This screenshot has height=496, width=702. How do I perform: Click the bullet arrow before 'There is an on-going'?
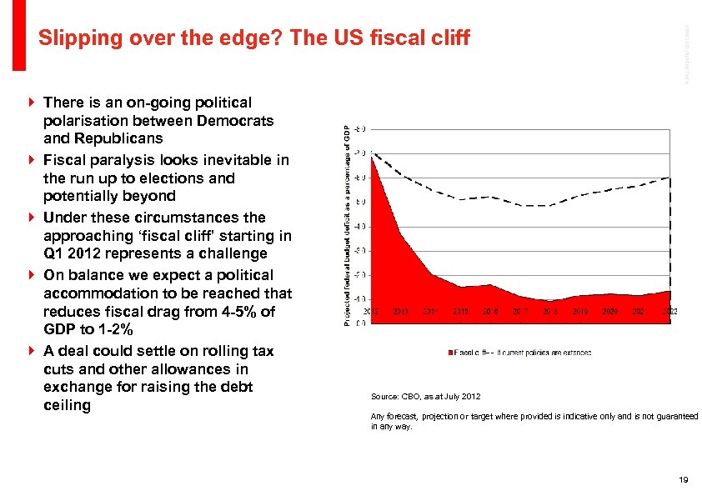tap(31, 103)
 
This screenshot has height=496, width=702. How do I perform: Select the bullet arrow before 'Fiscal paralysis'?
tap(31, 160)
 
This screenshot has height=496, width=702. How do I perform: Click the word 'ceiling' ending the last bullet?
tap(67, 406)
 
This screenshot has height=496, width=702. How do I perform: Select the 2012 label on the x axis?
tap(371, 312)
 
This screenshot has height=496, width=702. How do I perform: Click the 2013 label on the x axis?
tap(400, 312)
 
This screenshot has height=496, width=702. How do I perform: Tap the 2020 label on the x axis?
tap(609, 312)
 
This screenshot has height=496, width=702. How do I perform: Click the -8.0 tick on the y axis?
tap(361, 129)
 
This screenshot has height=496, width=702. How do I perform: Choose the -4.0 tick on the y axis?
tap(361, 226)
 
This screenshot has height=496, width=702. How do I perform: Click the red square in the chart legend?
tap(452, 353)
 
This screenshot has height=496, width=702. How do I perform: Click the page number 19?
tap(683, 480)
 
